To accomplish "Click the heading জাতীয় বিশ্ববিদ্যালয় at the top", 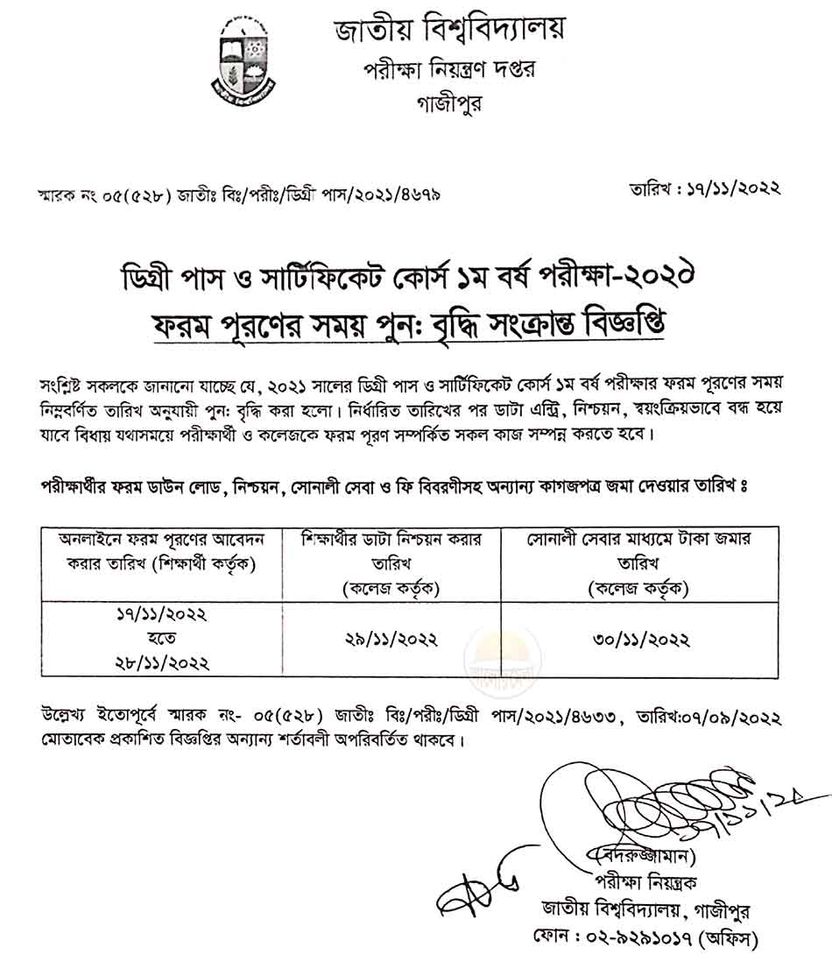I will [x=449, y=31].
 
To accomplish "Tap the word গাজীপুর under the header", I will [x=448, y=103].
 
